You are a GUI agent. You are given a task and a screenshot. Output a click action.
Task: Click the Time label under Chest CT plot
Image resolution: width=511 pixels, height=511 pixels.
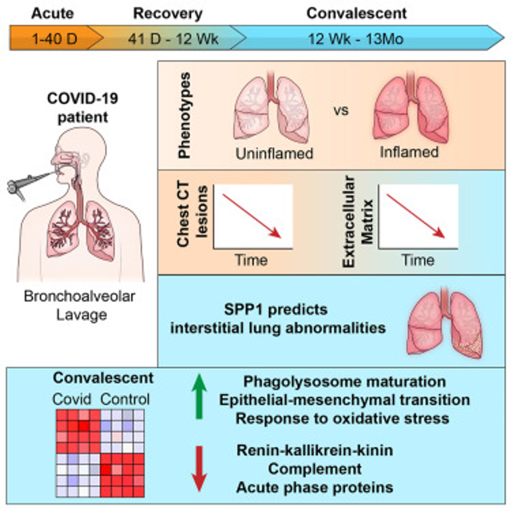(251, 259)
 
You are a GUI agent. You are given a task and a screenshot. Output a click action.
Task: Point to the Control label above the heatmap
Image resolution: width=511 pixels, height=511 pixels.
(125, 399)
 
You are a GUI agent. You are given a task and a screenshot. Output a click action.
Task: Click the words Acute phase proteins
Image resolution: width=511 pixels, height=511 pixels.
(314, 487)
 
